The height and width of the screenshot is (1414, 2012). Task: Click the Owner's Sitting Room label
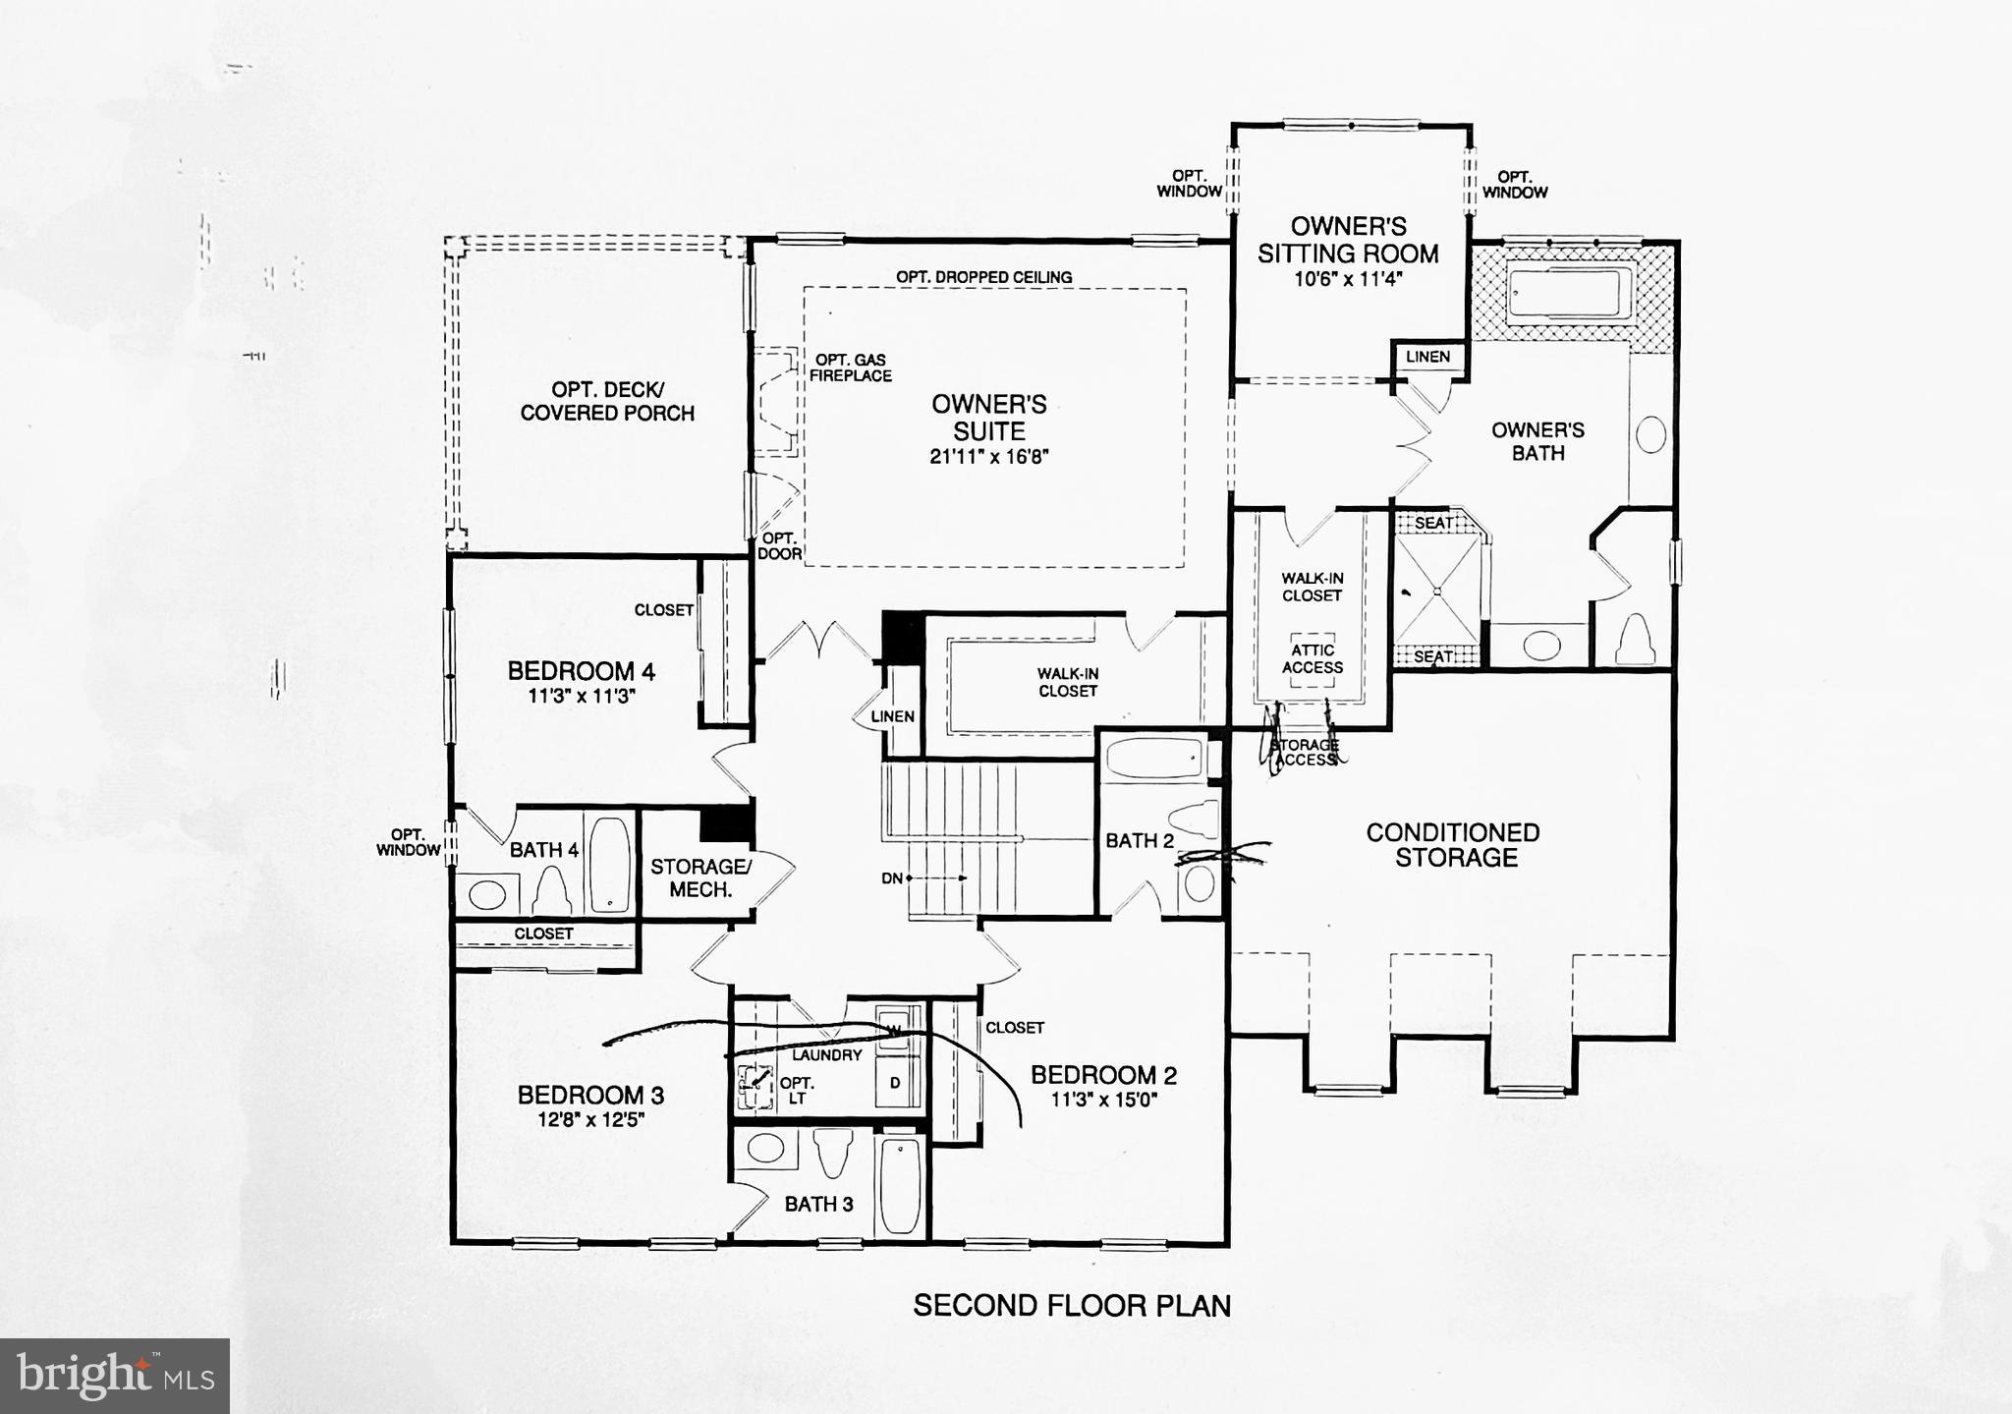[1348, 240]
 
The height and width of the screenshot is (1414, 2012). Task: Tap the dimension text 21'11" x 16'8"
[989, 457]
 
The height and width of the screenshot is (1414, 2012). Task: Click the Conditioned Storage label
[1454, 845]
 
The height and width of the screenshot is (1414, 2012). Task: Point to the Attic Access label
[1312, 658]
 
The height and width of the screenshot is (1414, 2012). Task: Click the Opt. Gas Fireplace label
[850, 368]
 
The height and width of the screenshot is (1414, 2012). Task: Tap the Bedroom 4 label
[581, 671]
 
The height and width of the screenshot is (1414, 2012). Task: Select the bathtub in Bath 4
[610, 864]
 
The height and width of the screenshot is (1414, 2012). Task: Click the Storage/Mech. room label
[699, 877]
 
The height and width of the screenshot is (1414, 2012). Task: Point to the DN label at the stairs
[891, 878]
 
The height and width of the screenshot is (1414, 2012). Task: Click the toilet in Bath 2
[1197, 819]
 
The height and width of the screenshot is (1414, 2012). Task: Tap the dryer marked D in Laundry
[895, 1083]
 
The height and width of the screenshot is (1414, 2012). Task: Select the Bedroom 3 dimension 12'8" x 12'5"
[590, 1119]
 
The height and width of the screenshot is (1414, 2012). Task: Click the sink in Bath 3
[764, 1147]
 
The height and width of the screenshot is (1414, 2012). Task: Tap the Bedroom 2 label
[1103, 1075]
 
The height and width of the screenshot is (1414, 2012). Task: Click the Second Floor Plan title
[1071, 1305]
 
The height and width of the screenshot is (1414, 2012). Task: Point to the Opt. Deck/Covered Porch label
[607, 401]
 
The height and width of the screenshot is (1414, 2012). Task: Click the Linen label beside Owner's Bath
[1426, 357]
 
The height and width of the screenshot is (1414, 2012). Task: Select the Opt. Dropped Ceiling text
[983, 277]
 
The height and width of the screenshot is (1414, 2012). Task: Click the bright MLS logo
[115, 1376]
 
